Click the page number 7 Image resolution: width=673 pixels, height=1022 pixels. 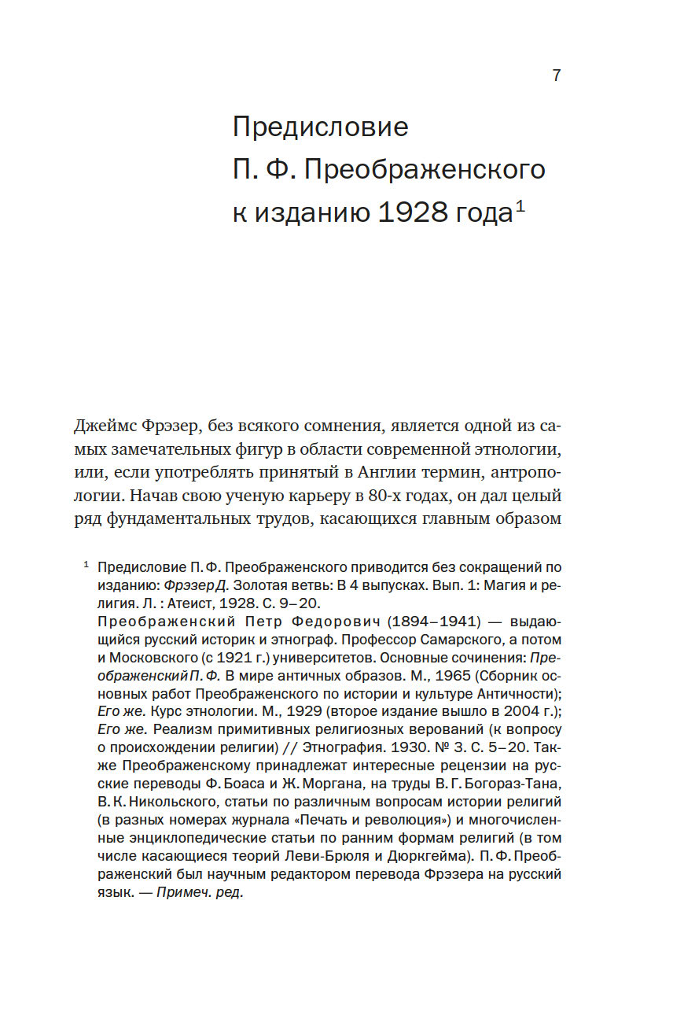coord(556,76)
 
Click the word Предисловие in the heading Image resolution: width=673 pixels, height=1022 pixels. coord(320,127)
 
